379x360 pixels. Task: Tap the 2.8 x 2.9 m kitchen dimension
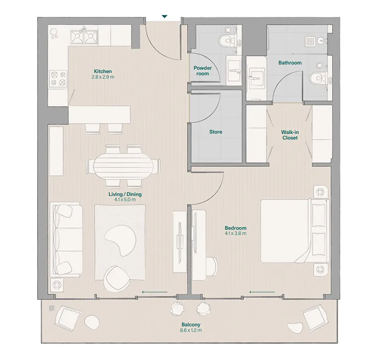[103, 77]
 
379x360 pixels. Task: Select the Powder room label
[202, 71]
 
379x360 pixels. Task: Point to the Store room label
[215, 132]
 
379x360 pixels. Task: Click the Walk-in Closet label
[289, 135]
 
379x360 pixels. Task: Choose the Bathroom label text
[289, 63]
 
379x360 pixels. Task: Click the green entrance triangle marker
[164, 17]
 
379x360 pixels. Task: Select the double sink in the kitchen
[83, 36]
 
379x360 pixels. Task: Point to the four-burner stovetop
[57, 78]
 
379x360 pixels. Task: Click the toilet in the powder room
[228, 39]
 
